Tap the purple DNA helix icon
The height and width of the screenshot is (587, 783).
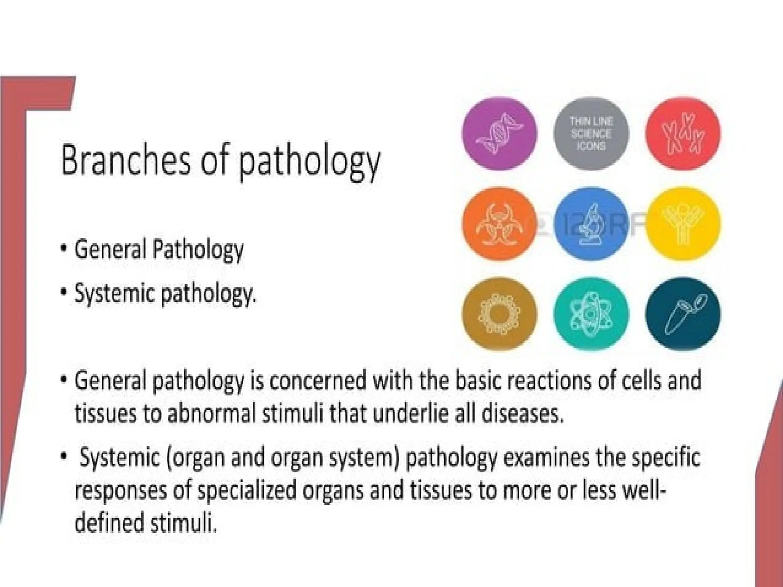[x=499, y=133]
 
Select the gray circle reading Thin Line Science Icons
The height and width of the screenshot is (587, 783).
[x=591, y=133]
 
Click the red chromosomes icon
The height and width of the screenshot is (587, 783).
[x=683, y=133]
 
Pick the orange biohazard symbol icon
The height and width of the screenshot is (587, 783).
[x=499, y=224]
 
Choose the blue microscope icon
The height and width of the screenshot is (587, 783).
[x=591, y=224]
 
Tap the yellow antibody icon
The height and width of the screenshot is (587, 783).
[x=683, y=224]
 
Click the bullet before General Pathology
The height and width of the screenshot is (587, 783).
[x=64, y=248]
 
